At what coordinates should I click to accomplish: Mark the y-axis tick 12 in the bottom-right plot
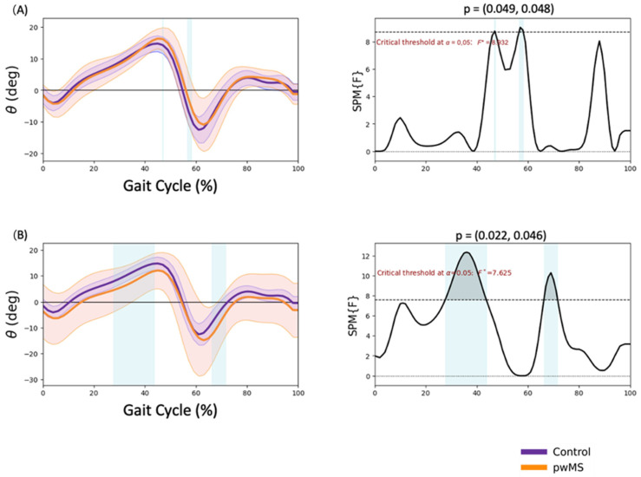[x=365, y=256]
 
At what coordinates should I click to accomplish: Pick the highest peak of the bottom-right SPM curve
[x=467, y=252]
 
